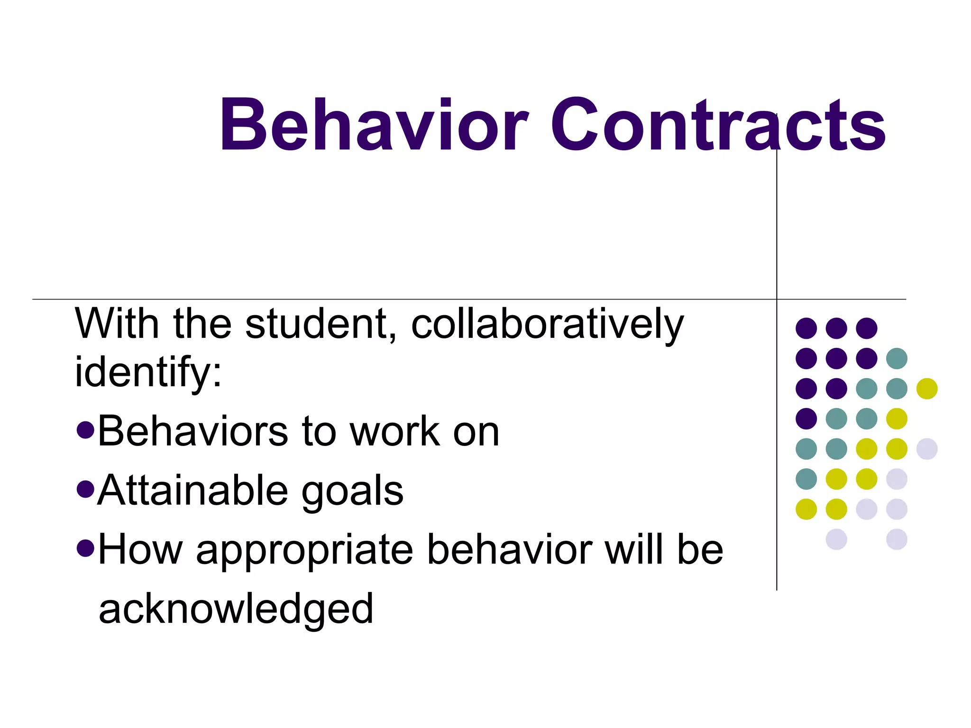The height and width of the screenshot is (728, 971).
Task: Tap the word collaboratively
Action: coord(548,324)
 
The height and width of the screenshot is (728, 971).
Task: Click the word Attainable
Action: coord(192,491)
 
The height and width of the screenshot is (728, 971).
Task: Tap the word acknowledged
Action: coord(236,609)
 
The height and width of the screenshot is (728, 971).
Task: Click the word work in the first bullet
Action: coord(395,431)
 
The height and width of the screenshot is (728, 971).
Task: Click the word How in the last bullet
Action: coord(140,550)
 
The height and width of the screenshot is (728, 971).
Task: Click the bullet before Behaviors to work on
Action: coord(85,430)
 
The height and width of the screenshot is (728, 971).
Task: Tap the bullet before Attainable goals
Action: coord(85,489)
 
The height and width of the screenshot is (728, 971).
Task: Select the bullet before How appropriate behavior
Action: coord(85,548)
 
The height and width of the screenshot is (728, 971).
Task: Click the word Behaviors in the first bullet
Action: coord(192,431)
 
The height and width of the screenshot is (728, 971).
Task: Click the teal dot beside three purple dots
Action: coord(897,358)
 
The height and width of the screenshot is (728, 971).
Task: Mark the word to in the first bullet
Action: coord(319,431)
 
